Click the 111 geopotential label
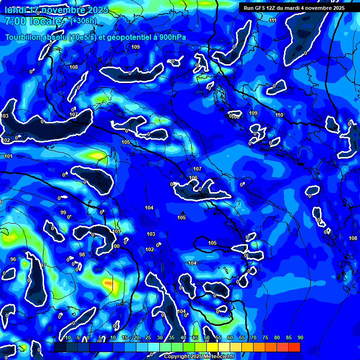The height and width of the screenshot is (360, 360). tap(273, 20)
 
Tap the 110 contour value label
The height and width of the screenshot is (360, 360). tap(279, 115)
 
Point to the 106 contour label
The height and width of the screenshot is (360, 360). tap(193, 178)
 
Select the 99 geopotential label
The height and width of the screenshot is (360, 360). tap(63, 212)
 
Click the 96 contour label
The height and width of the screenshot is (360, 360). tap(13, 259)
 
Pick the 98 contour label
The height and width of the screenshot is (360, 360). tap(82, 255)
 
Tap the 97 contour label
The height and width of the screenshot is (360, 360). tap(43, 266)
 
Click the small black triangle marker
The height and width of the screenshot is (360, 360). tap(182, 213)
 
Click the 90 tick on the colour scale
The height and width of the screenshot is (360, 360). tap(300, 337)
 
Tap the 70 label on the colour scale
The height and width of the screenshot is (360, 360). tap(254, 337)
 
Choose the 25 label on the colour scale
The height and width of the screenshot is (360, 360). tap(148, 337)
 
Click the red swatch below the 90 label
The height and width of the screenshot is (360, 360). tap(294, 347)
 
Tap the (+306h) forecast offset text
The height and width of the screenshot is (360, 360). tap(83, 21)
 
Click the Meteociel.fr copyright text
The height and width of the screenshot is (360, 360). tap(216, 357)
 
